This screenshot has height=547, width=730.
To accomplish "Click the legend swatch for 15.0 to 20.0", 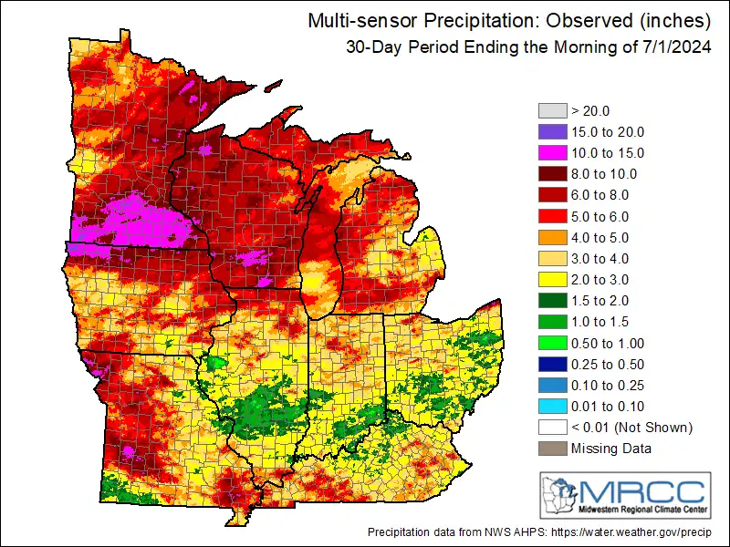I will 551,131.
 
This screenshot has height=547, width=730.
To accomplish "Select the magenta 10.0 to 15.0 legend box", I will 551,152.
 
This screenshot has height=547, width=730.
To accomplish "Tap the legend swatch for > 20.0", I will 551,110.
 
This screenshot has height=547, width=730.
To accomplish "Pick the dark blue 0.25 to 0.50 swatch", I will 551,364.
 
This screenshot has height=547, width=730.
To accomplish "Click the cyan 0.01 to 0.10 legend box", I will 551,406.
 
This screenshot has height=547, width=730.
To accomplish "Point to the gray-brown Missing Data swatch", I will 551,448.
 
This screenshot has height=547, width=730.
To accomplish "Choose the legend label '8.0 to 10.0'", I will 603,173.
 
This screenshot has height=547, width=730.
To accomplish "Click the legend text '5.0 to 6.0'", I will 600,216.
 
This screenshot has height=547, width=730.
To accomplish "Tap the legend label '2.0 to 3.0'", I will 600,279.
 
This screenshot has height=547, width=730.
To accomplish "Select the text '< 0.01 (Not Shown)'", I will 631,427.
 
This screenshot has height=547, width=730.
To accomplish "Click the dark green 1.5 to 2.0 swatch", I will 551,300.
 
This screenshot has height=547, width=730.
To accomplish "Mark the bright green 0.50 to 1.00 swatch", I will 551,343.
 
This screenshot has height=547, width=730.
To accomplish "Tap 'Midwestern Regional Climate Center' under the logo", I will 643,509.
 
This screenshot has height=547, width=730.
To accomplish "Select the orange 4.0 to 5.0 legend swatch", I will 551,237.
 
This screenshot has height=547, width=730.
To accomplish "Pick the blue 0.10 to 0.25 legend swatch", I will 551,385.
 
